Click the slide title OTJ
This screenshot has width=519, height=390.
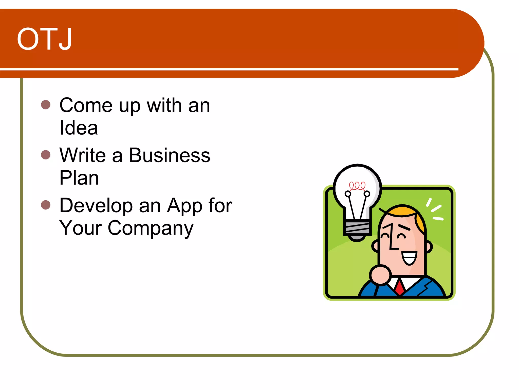click(45, 39)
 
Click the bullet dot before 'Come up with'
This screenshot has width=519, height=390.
click(46, 104)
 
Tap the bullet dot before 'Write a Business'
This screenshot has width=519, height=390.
click(46, 154)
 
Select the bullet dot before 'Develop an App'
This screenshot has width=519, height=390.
click(46, 205)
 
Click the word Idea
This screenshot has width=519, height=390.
click(79, 128)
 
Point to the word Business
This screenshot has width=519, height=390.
click(170, 155)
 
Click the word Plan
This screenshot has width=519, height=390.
click(79, 178)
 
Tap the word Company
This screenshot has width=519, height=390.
click(151, 228)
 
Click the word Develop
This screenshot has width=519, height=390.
click(96, 205)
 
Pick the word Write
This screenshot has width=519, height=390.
click(83, 155)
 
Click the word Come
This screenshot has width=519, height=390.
click(86, 105)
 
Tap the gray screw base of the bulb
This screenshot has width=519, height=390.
click(357, 228)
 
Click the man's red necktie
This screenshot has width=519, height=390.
click(400, 287)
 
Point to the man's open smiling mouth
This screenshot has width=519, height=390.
click(410, 258)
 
